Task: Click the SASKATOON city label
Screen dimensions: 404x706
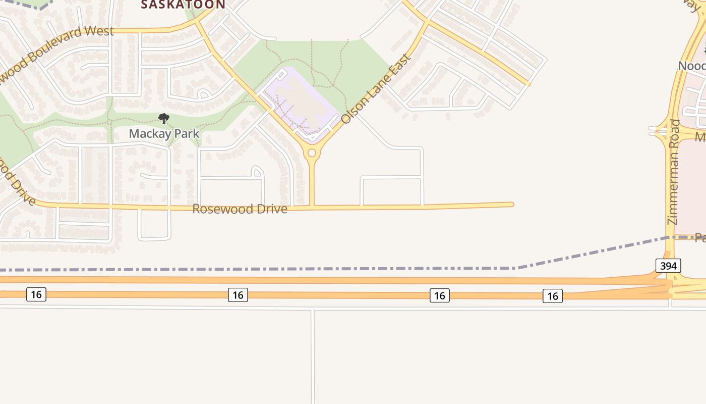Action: pos(183,5)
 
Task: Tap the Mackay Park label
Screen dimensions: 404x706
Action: pos(164,134)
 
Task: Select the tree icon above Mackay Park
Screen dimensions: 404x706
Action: pos(163,119)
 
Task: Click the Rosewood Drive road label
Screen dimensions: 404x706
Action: pos(240,209)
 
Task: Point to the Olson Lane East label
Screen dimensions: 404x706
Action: pos(376,88)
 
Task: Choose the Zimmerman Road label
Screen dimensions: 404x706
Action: pos(674,172)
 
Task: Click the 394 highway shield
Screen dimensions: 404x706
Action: pos(668,266)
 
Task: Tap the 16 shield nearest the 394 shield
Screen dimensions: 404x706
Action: pos(553,296)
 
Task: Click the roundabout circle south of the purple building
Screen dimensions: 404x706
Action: pos(312,153)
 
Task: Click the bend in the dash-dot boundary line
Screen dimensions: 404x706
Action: pos(517,268)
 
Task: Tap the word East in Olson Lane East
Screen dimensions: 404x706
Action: pos(401,64)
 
